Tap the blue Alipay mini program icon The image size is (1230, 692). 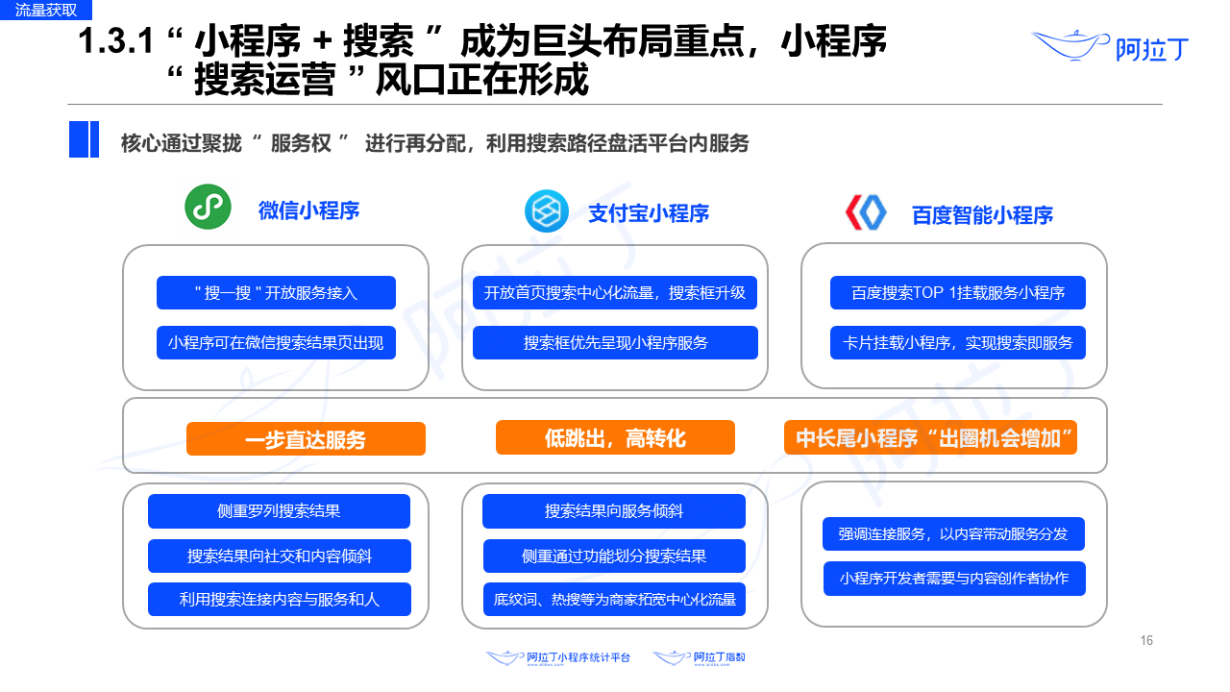tap(546, 211)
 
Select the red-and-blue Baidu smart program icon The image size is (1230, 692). tap(866, 213)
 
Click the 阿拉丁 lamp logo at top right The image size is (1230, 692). tap(1110, 45)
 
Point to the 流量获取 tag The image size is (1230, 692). tap(46, 11)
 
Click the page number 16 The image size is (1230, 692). tap(1146, 641)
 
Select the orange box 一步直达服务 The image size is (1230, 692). tap(306, 439)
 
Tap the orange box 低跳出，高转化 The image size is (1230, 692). tap(615, 438)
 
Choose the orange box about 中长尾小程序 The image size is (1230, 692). tap(930, 438)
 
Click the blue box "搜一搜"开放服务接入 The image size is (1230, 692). tap(276, 292)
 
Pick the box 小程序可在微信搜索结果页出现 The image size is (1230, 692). tap(276, 342)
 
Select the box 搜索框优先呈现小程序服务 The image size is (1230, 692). tap(615, 342)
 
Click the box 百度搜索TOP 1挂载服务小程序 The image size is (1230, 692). tap(957, 292)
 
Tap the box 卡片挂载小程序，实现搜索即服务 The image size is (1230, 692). tap(957, 342)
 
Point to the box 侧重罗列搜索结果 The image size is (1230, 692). tap(279, 511)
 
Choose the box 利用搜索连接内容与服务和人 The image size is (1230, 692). tap(279, 599)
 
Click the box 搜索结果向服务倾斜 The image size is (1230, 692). tap(613, 511)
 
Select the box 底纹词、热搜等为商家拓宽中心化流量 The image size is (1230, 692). tap(615, 599)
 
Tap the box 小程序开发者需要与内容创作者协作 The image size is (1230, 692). tap(954, 579)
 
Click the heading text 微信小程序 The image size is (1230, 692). tap(308, 210)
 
